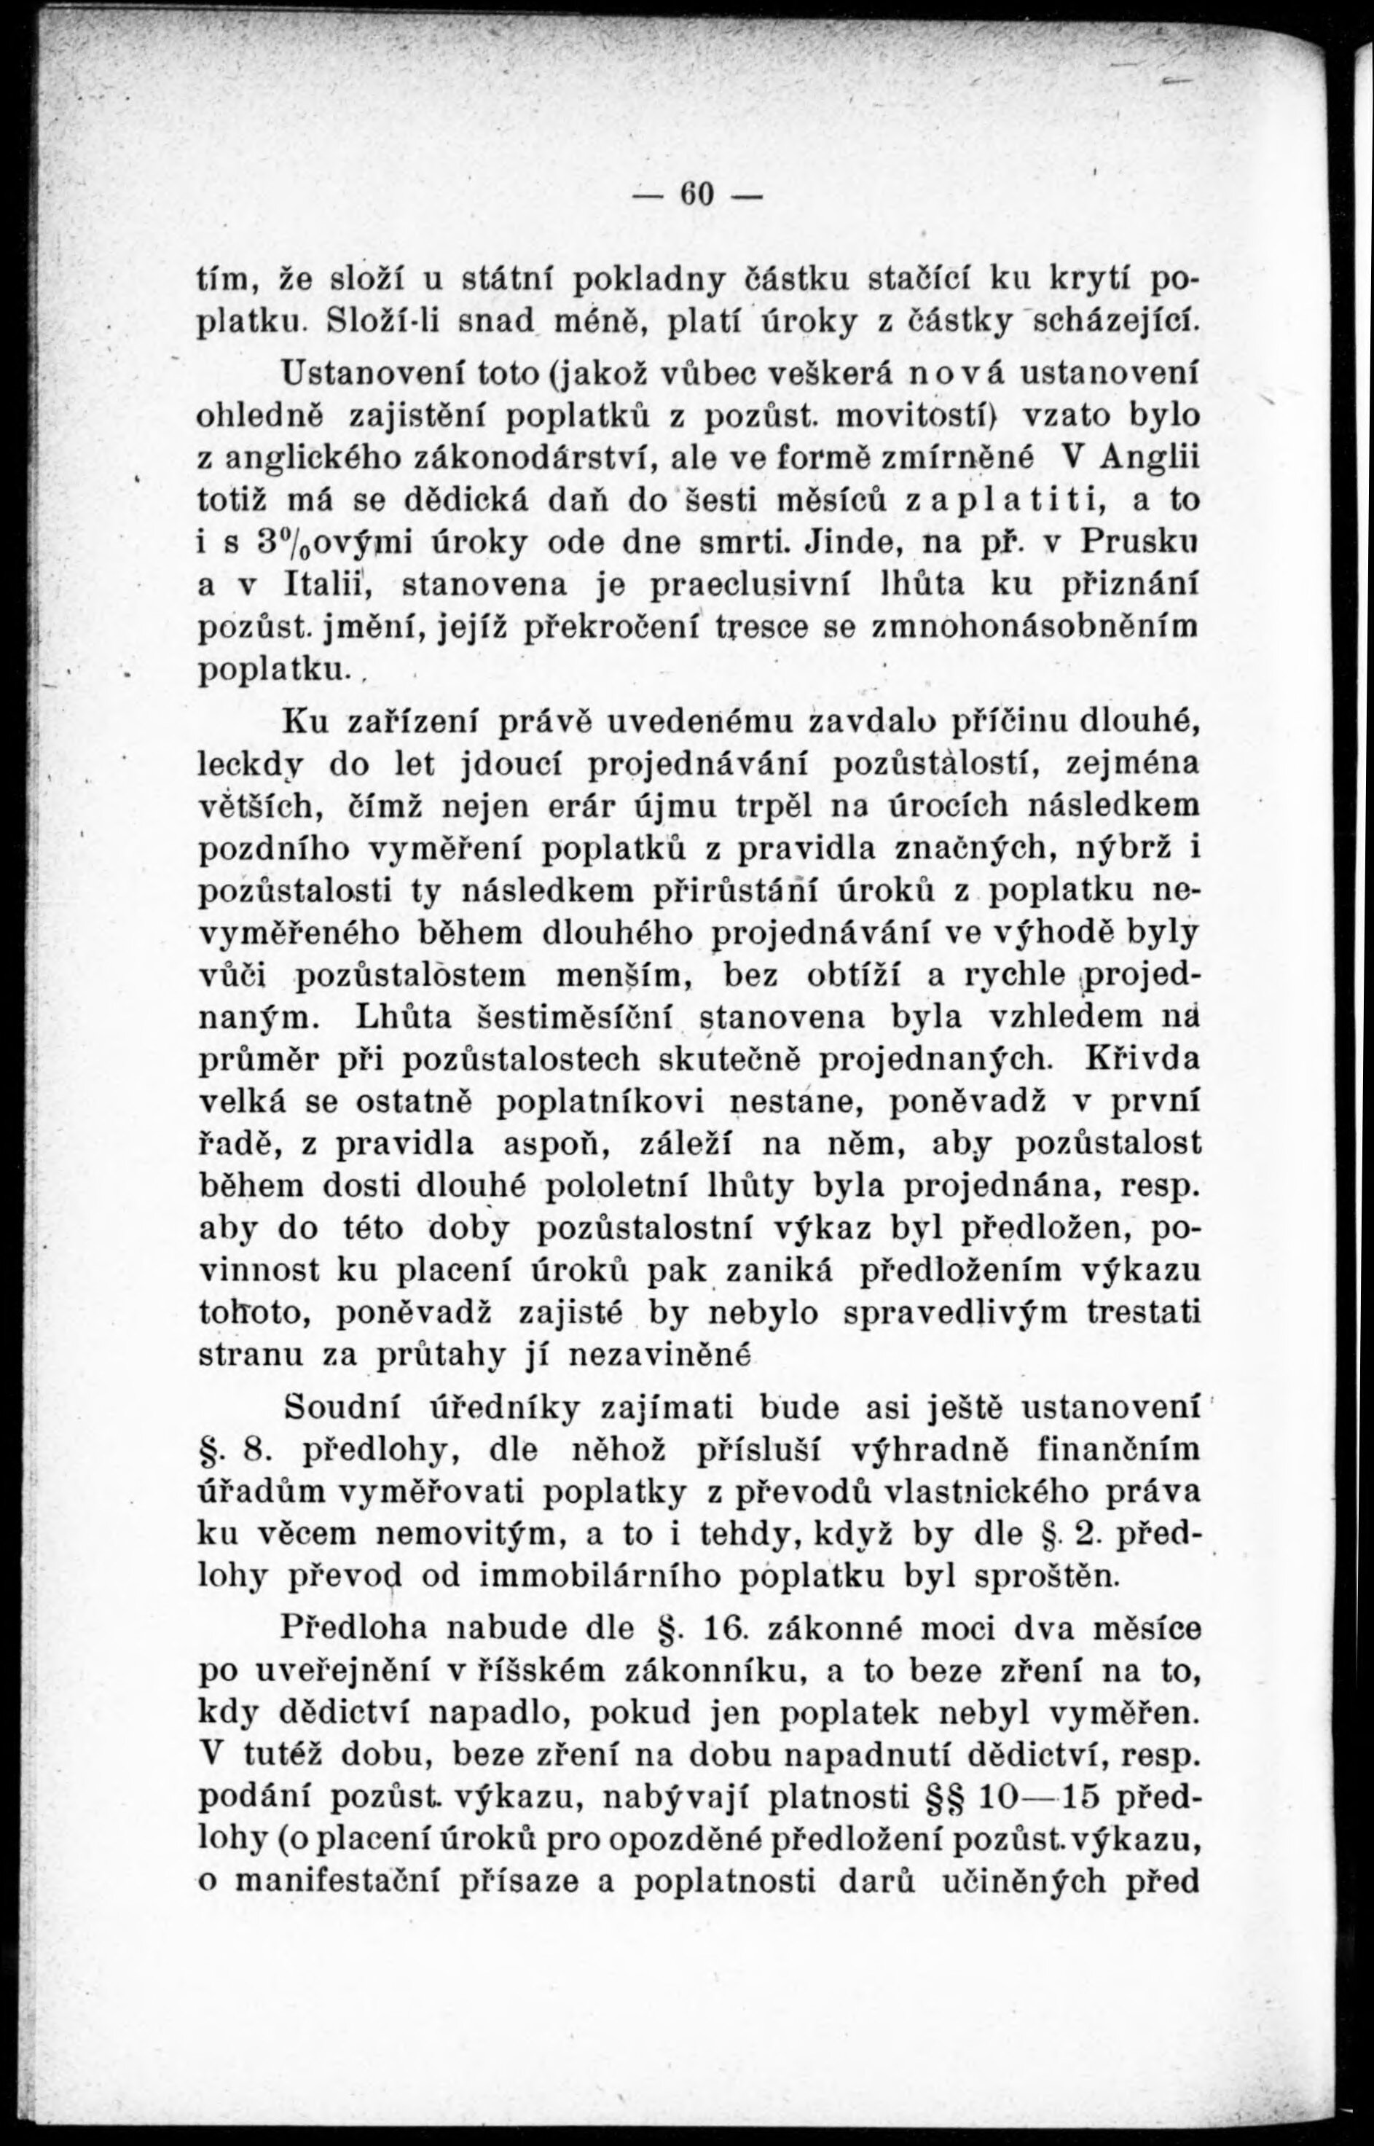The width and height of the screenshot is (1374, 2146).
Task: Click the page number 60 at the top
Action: [x=695, y=195]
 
